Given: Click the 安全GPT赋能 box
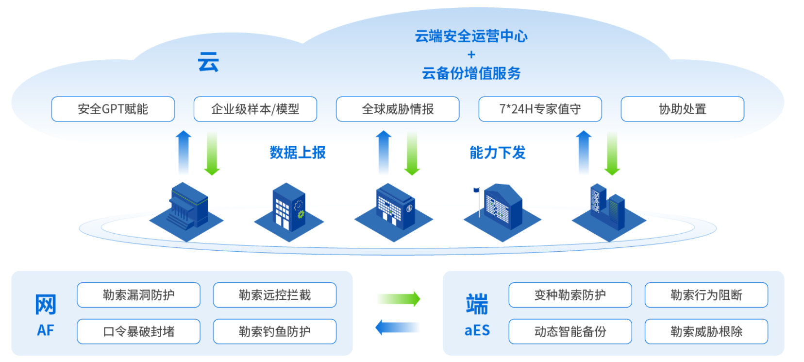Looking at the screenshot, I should (x=113, y=109).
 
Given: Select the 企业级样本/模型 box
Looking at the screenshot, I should (x=255, y=109).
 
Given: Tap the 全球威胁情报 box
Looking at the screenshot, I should (x=398, y=109).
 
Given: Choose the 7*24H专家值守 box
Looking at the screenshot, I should (x=540, y=109).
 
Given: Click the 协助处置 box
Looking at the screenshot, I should (x=682, y=109).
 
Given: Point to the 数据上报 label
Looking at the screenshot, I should (x=298, y=153).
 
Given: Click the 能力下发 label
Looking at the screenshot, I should (x=497, y=153).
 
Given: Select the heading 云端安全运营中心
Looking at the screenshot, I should (x=471, y=36).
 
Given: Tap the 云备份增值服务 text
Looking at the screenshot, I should (x=471, y=73).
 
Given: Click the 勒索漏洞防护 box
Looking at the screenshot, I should (x=138, y=295).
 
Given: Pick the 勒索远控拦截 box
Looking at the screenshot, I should (x=275, y=295).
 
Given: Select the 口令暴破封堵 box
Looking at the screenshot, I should (x=138, y=331).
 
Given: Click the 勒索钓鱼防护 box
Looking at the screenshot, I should (x=275, y=331).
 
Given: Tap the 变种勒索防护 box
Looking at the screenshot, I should (x=570, y=295).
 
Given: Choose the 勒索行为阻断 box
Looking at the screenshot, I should (x=706, y=295).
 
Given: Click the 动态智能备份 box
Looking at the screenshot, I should (x=570, y=331).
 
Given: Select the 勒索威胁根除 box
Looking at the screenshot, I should (x=706, y=331).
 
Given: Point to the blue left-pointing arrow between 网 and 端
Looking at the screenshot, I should (x=397, y=328).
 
